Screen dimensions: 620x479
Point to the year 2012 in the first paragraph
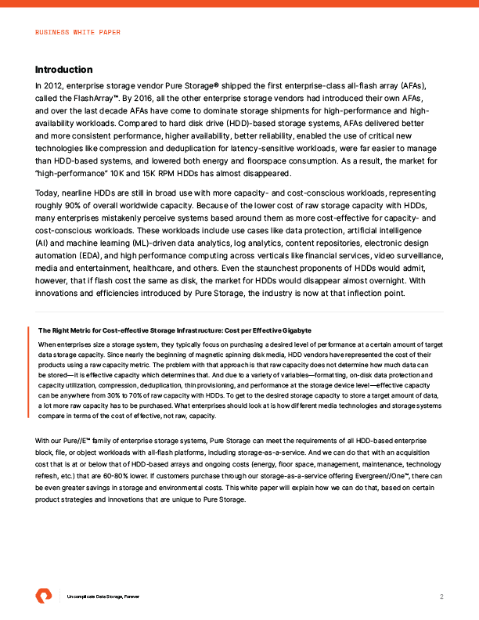pyautogui.click(x=54, y=85)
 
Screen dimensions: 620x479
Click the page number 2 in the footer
pyautogui.click(x=441, y=597)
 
